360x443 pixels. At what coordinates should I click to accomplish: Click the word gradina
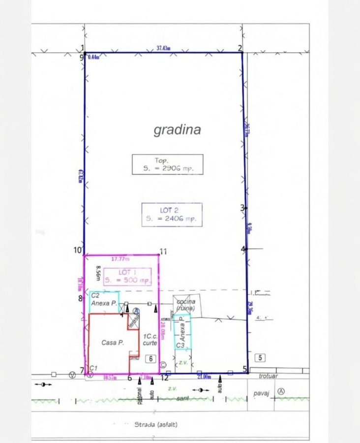[177, 129]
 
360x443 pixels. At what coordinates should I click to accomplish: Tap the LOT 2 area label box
[172, 215]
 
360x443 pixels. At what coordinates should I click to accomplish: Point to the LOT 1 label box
[127, 276]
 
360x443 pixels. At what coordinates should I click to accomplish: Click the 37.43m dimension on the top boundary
[163, 48]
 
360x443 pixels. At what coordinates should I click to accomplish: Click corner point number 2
[240, 48]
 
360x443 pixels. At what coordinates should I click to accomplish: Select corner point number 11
[163, 252]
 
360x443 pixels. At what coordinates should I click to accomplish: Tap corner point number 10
[78, 250]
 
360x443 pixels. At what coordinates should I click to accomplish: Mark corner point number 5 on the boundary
[245, 369]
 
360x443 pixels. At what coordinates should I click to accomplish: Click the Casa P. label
[112, 343]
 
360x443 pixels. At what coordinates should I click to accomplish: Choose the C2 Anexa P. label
[103, 300]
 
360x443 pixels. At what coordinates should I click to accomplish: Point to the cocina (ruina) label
[183, 305]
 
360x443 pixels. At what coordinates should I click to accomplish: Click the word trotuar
[268, 376]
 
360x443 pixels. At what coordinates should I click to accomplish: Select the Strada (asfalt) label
[155, 423]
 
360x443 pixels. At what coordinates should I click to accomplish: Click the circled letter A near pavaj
[281, 391]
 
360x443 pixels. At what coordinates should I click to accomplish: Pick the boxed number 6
[151, 359]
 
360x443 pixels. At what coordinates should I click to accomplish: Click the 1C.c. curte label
[150, 339]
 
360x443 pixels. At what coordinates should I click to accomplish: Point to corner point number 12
[165, 378]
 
